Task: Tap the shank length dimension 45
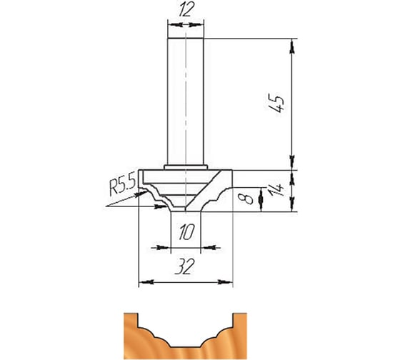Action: [276, 104]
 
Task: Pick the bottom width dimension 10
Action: [186, 232]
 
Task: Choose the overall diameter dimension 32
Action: [184, 266]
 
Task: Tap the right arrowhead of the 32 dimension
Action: [225, 282]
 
